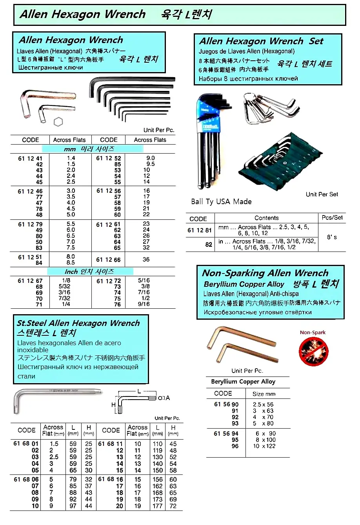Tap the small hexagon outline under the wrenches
click(x=58, y=122)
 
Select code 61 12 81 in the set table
click(x=200, y=230)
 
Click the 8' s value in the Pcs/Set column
click(x=332, y=237)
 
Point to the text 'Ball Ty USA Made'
click(x=221, y=202)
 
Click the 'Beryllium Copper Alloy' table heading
click(x=243, y=382)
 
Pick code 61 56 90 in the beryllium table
click(x=226, y=404)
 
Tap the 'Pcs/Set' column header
click(x=332, y=217)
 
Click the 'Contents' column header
click(x=266, y=218)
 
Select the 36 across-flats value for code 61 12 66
click(x=146, y=259)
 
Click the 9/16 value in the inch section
click(x=144, y=304)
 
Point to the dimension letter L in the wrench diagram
click(x=139, y=391)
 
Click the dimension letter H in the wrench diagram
click(x=113, y=405)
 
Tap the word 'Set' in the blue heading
click(x=316, y=41)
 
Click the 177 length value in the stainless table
click(x=158, y=506)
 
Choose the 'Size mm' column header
click(x=264, y=394)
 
